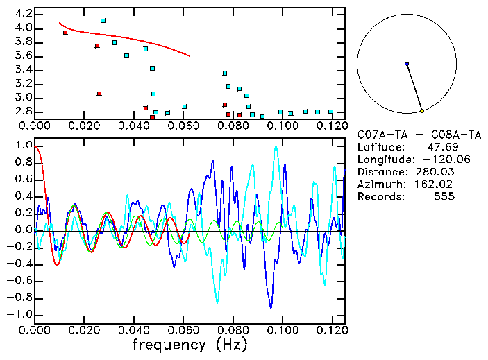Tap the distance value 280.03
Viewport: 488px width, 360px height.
pyautogui.click(x=437, y=171)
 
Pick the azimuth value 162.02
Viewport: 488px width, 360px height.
pyautogui.click(x=437, y=184)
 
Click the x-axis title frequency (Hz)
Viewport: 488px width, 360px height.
pyautogui.click(x=190, y=344)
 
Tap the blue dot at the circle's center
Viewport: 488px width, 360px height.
pyautogui.click(x=407, y=64)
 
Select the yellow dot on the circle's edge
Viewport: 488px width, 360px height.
pyautogui.click(x=422, y=111)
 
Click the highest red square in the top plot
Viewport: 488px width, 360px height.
pyautogui.click(x=65, y=33)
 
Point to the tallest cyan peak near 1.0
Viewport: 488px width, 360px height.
pyautogui.click(x=276, y=147)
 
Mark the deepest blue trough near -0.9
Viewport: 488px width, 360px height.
pyautogui.click(x=271, y=306)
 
